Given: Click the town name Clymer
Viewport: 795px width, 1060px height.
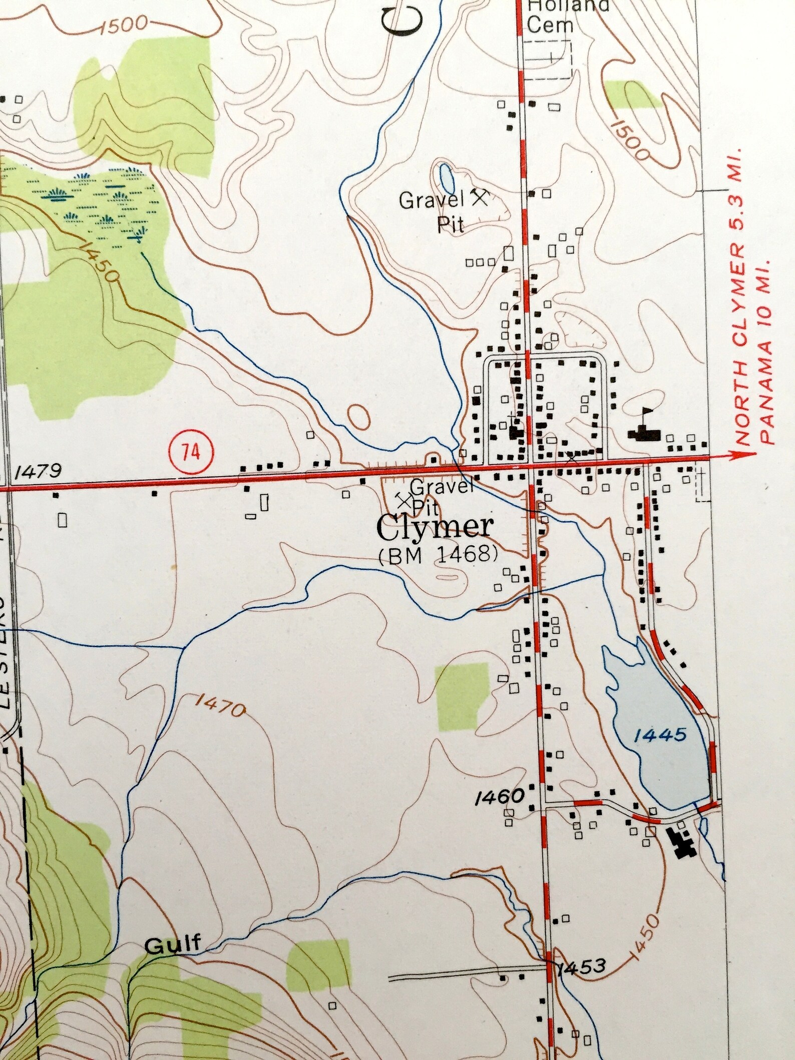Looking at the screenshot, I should (435, 528).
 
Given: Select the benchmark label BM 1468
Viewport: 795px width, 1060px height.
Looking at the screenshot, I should (438, 554).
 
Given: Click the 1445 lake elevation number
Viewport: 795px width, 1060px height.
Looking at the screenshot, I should (659, 735).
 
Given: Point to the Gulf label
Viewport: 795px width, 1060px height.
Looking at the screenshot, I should (173, 944).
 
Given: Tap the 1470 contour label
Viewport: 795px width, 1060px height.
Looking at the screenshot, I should (220, 706).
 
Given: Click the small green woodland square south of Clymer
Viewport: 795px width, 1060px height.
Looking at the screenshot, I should (461, 696).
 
